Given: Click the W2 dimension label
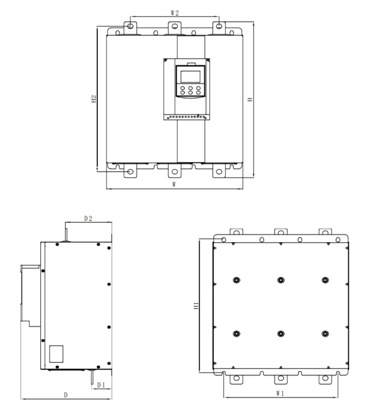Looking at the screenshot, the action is click(x=175, y=13).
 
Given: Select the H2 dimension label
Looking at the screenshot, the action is click(x=93, y=99).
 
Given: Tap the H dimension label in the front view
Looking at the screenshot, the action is click(x=250, y=100).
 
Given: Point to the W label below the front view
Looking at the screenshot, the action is click(x=174, y=184).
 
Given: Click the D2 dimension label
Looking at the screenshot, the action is click(x=88, y=219).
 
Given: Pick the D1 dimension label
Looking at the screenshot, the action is click(x=101, y=385).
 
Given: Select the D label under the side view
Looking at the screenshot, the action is click(x=66, y=395).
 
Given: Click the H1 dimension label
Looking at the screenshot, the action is click(x=196, y=306).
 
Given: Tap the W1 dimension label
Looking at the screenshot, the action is click(x=280, y=393).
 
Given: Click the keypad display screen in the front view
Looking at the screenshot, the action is click(x=190, y=76).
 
